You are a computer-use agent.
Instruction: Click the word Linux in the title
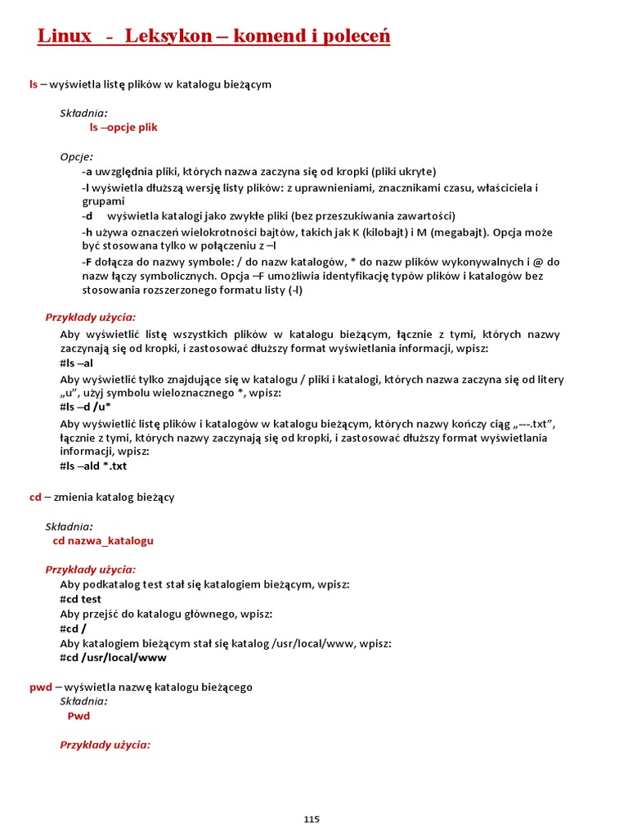click(65, 37)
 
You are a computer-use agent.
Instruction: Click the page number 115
click(311, 819)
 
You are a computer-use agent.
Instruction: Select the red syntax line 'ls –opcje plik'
click(123, 128)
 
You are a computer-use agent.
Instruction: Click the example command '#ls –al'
click(76, 363)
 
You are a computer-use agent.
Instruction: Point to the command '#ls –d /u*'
click(85, 408)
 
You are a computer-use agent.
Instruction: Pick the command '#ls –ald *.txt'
click(93, 466)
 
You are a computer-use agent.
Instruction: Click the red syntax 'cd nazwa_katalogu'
click(103, 541)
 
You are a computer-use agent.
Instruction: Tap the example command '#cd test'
click(80, 599)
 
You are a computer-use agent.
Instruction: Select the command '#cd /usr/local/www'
click(113, 657)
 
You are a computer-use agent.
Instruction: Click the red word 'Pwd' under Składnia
click(78, 716)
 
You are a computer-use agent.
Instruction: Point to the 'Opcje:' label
click(76, 156)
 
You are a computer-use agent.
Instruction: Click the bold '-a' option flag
click(87, 172)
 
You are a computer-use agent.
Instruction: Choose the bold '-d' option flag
click(87, 216)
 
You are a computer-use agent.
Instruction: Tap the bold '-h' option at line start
click(87, 232)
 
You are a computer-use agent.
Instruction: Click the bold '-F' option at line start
click(87, 262)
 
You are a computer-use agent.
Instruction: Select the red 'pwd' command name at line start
click(41, 687)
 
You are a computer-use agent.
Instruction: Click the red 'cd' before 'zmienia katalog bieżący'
click(35, 498)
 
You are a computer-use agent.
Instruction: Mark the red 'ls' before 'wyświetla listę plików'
click(34, 84)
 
